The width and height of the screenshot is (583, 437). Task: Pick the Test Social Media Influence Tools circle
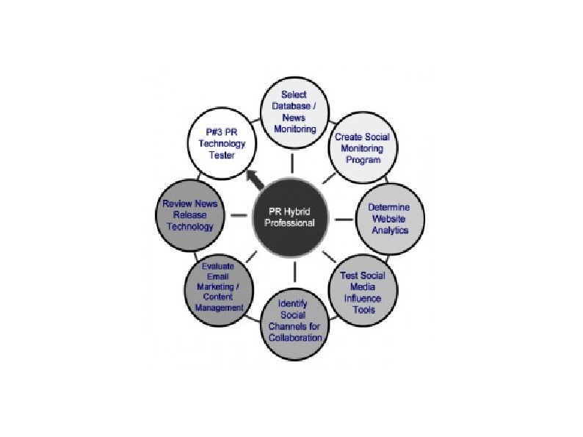coord(363,292)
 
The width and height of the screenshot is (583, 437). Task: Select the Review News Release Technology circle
coord(189,214)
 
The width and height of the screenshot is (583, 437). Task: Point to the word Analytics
coord(388,229)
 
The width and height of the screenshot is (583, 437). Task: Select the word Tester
coord(222,156)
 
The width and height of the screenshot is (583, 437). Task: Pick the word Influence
coord(363,297)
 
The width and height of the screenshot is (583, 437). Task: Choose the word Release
coord(189,215)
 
